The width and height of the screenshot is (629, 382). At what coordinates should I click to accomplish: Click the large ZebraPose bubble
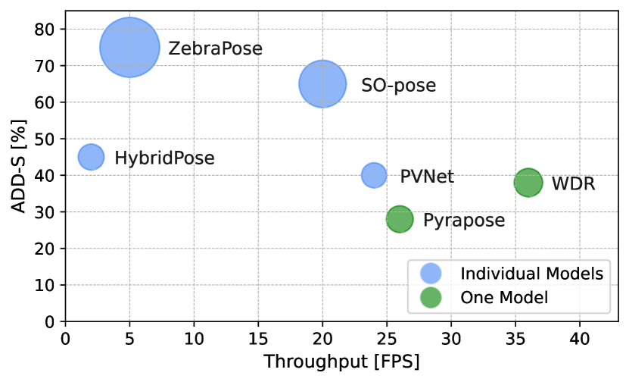(x=129, y=48)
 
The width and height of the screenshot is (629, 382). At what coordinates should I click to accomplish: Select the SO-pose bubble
(x=322, y=84)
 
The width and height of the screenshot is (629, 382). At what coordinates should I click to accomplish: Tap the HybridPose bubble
(x=91, y=157)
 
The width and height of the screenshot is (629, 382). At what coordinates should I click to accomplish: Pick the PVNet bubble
(x=374, y=175)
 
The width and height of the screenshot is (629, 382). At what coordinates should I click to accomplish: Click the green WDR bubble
(x=528, y=183)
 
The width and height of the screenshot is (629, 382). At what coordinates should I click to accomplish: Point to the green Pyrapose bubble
(x=400, y=220)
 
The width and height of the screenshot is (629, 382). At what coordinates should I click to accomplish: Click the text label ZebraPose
(x=215, y=49)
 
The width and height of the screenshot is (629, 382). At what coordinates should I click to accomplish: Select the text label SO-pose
(x=398, y=86)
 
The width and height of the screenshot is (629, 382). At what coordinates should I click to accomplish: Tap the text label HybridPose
(x=164, y=158)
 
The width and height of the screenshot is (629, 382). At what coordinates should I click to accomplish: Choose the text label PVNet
(x=427, y=177)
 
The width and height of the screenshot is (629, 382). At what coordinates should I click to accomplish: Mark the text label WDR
(x=573, y=184)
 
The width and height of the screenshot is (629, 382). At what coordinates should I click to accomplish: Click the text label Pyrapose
(x=463, y=221)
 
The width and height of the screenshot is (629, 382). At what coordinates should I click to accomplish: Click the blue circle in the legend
(x=431, y=274)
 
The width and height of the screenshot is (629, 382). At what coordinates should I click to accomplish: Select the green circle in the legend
(x=431, y=297)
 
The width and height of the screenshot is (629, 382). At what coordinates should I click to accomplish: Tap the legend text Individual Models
(x=531, y=274)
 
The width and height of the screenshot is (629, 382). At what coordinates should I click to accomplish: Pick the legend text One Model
(x=503, y=298)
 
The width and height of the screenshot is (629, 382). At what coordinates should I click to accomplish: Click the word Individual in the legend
(x=494, y=274)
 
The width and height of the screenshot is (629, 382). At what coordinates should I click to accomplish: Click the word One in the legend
(x=474, y=298)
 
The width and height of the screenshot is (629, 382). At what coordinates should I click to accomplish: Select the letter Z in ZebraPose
(x=174, y=49)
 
